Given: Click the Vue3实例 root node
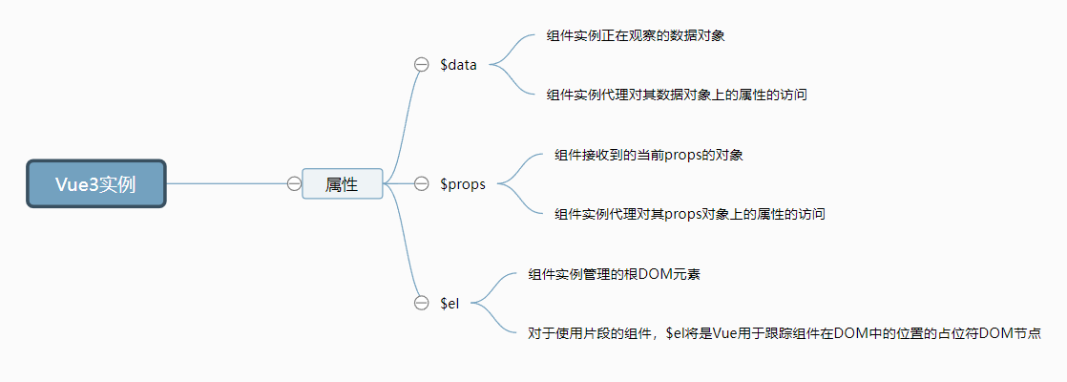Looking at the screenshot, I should [x=95, y=183].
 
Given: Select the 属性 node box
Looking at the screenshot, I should [x=342, y=183].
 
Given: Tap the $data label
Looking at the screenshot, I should [x=458, y=65].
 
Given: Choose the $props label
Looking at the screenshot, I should [x=463, y=184].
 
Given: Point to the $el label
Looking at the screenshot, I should [x=450, y=303].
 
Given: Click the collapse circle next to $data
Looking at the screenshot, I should [x=421, y=65].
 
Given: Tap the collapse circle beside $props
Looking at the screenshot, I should [x=421, y=184].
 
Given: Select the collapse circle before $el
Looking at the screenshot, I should [x=421, y=303].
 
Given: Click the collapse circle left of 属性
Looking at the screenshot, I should [x=294, y=183].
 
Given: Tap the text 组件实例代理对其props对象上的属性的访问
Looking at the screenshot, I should [x=689, y=214].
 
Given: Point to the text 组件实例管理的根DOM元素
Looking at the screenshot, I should [x=616, y=274].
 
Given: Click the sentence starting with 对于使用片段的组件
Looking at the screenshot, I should [x=783, y=333].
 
